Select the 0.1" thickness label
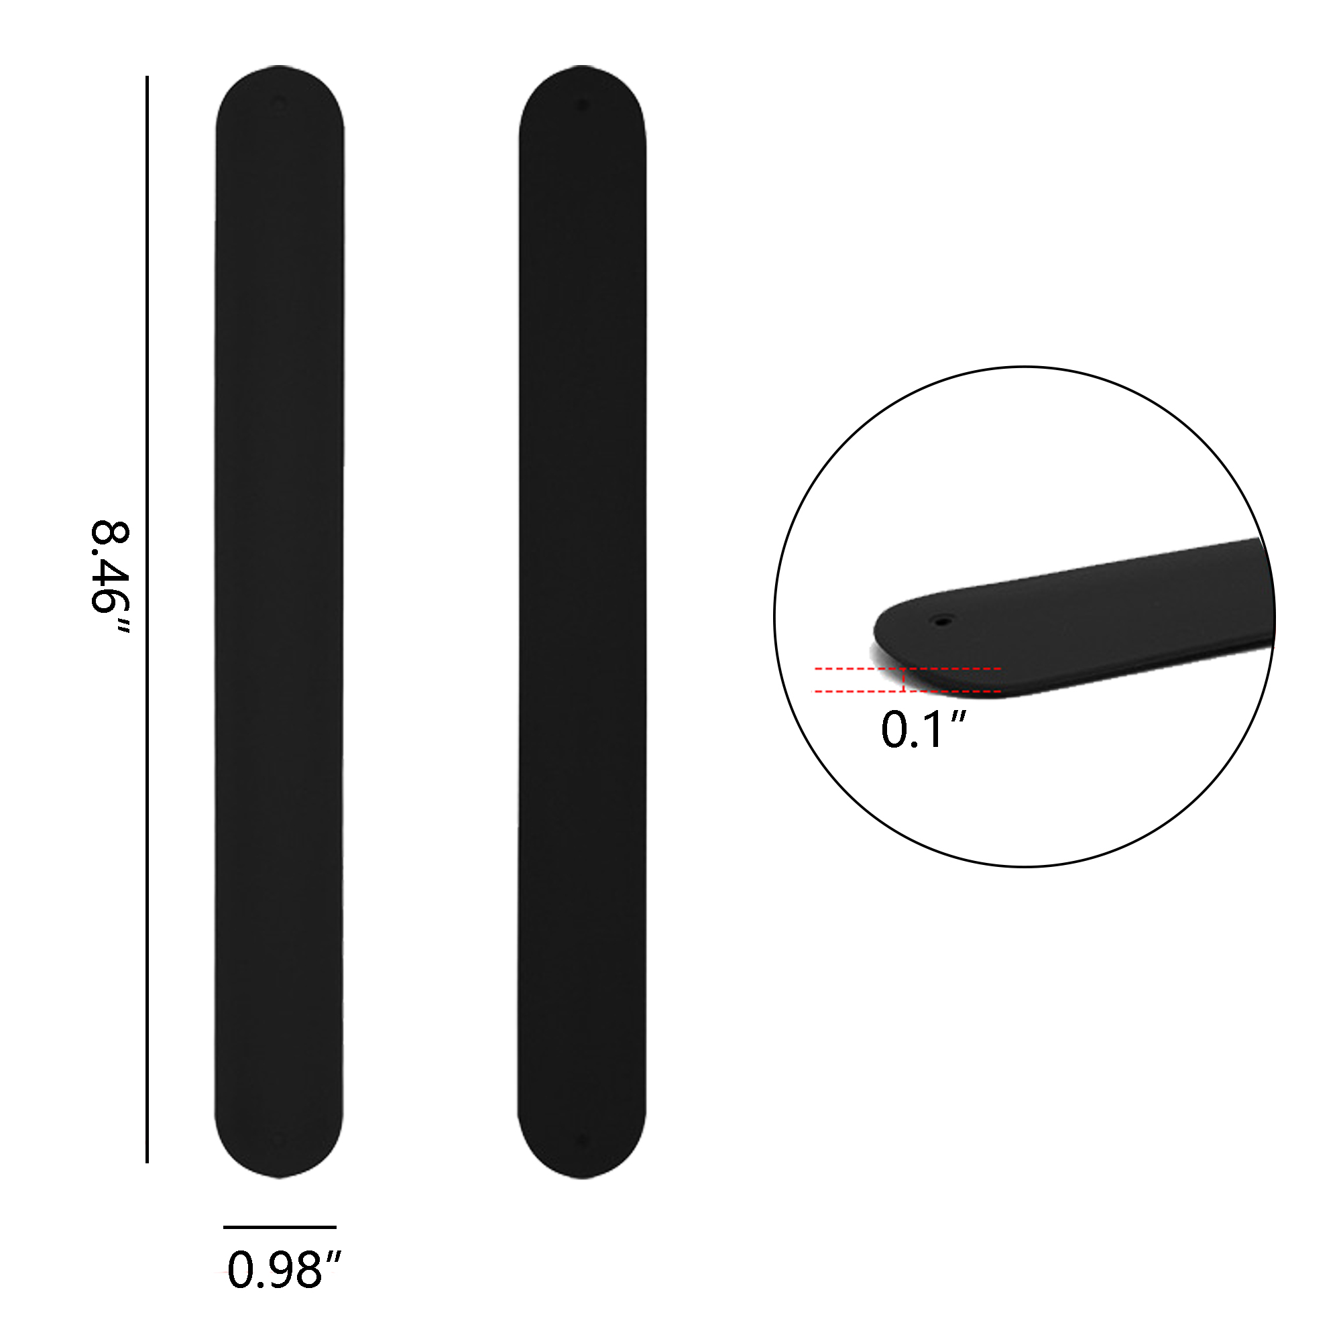point(923,730)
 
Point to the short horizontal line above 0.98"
point(280,1227)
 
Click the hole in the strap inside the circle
point(942,620)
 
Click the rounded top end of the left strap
point(280,83)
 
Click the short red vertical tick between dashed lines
point(904,680)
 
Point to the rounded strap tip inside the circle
point(888,628)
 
